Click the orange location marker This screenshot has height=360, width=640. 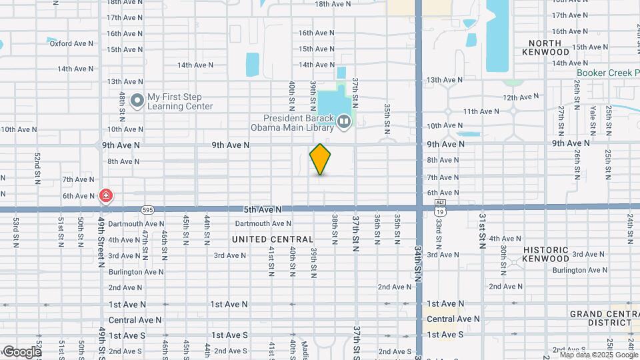click(x=321, y=159)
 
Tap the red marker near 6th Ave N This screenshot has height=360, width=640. click(x=105, y=195)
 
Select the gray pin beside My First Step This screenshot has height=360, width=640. click(x=137, y=101)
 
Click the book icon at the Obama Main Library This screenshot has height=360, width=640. click(x=344, y=121)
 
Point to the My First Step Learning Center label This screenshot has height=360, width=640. click(x=180, y=101)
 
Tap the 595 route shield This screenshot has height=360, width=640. click(x=148, y=209)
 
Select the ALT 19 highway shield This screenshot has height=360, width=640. click(x=439, y=207)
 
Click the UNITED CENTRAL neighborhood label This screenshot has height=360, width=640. click(x=273, y=239)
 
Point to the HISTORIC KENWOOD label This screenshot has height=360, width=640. click(x=546, y=254)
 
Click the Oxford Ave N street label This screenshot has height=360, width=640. click(x=71, y=43)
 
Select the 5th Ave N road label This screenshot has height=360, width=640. click(x=263, y=209)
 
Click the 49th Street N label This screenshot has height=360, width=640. click(x=102, y=241)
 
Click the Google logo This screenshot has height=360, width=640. click(x=22, y=351)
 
